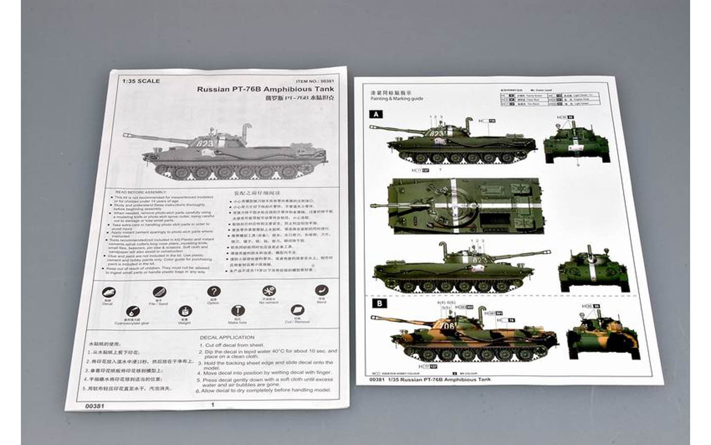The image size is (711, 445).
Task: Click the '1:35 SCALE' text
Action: pyautogui.click(x=141, y=81)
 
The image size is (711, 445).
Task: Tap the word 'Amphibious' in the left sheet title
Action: pyautogui.click(x=286, y=89)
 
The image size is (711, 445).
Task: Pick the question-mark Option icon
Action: pyautogui.click(x=213, y=292)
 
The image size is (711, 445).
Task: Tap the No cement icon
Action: pyautogui.click(x=269, y=291)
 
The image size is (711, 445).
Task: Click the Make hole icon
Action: pyautogui.click(x=237, y=311)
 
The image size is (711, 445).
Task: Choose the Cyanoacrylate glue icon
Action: pyautogui.click(x=132, y=312)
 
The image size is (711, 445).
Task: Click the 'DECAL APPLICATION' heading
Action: pyautogui.click(x=227, y=337)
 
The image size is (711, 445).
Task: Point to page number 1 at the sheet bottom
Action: pyautogui.click(x=213, y=404)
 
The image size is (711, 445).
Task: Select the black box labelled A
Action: pyautogui.click(x=376, y=114)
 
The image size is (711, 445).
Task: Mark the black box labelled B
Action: pyautogui.click(x=379, y=303)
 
